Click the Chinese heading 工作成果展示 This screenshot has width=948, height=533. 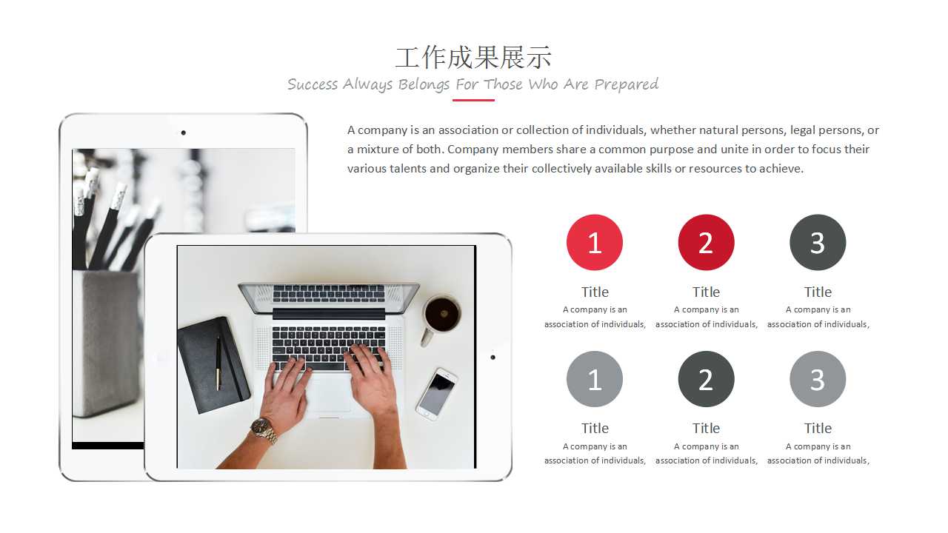(473, 58)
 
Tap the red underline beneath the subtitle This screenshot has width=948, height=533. (473, 100)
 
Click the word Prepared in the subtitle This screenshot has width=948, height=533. (627, 84)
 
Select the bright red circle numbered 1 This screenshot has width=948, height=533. (595, 242)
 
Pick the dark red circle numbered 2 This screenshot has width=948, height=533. (706, 242)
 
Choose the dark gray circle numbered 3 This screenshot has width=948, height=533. (818, 242)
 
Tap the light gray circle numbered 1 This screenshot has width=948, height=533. (595, 379)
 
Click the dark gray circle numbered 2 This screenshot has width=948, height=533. (706, 379)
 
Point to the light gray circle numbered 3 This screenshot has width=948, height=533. (818, 379)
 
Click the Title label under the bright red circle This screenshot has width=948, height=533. (595, 292)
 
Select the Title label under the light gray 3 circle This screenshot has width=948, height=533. (818, 428)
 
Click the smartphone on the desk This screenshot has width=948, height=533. (437, 394)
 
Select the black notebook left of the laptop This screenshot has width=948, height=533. (213, 365)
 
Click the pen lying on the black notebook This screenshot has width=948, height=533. (218, 363)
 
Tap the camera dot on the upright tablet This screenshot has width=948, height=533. (183, 133)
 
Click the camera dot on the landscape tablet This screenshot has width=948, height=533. (493, 358)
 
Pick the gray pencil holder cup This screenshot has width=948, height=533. (108, 343)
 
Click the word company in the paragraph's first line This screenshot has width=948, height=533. (383, 130)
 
